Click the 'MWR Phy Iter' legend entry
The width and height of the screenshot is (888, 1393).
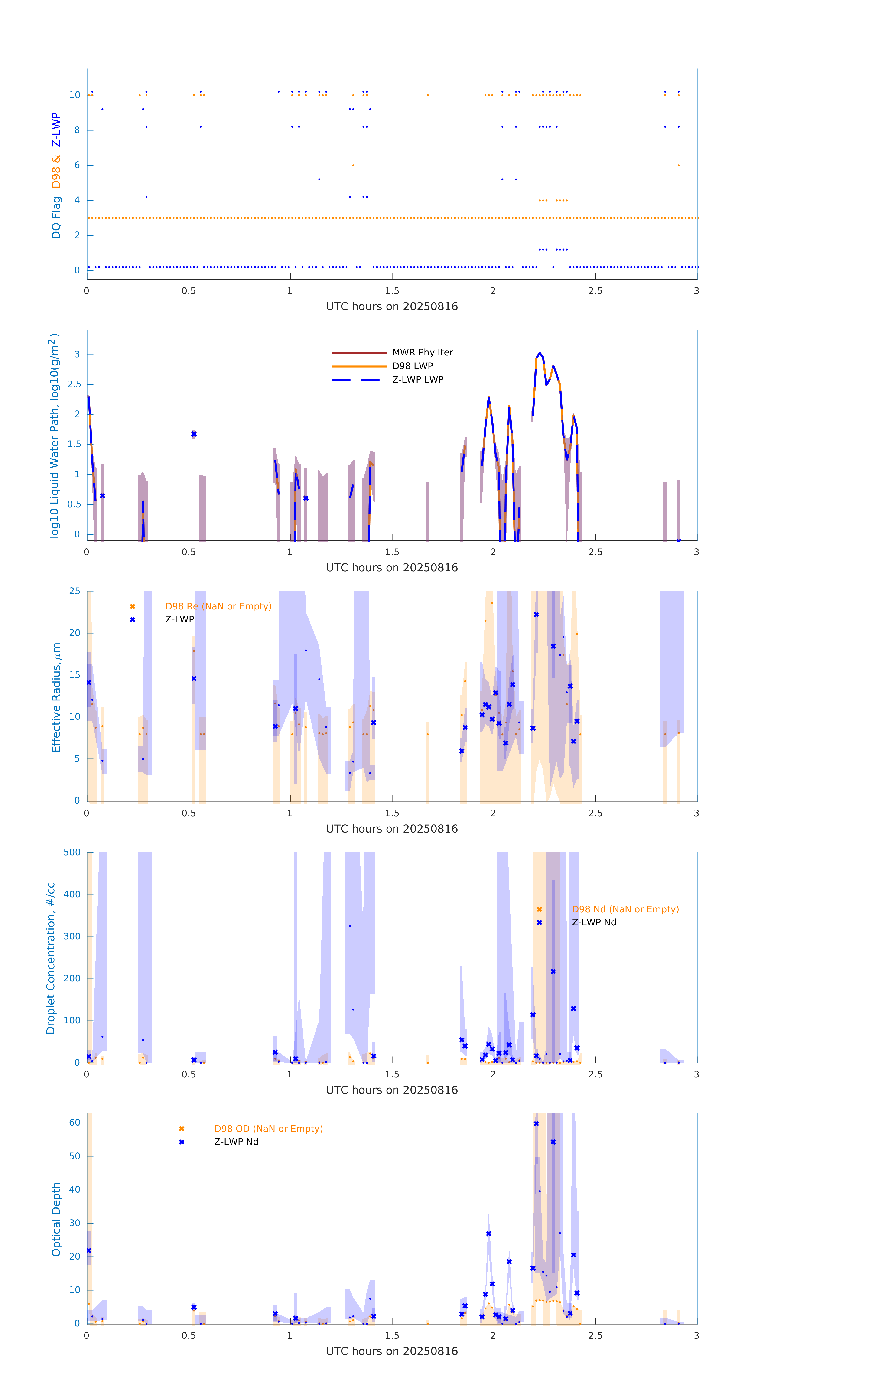422,352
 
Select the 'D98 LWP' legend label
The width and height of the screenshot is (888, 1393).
413,366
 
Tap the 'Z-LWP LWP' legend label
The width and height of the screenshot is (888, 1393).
418,380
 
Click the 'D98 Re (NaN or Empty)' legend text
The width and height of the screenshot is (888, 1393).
218,606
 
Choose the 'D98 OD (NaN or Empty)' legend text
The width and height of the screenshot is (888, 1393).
268,1129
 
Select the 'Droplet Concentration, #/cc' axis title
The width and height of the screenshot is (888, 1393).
51,958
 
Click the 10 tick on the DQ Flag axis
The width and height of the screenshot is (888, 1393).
75,95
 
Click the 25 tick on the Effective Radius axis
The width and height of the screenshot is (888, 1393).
75,591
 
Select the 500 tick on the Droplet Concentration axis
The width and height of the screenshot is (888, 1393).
72,852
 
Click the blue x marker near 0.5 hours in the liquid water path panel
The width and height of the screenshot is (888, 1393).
194,434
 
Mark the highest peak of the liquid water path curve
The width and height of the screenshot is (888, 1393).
539,353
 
